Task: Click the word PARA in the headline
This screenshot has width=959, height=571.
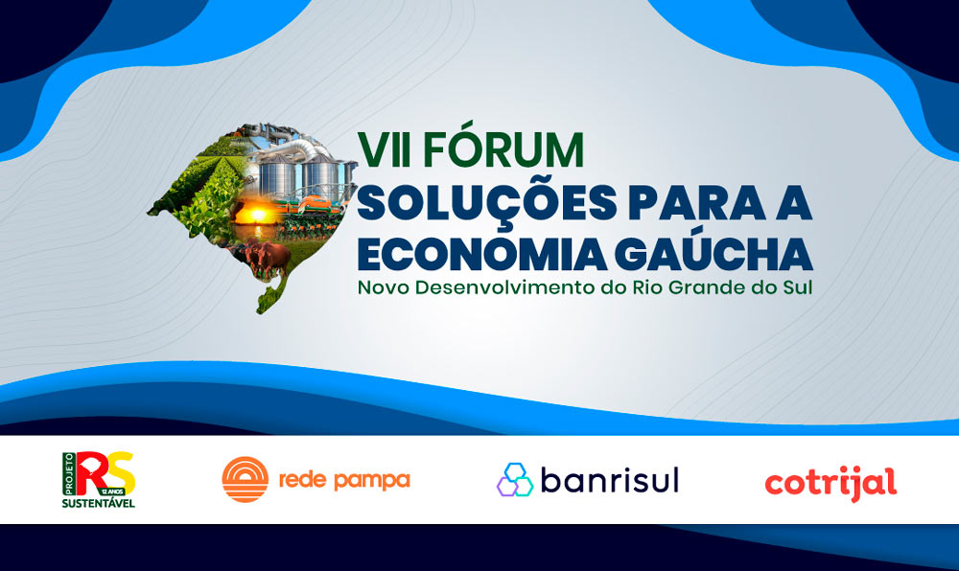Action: [x=697, y=202]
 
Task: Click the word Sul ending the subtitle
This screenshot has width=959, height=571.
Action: [x=798, y=287]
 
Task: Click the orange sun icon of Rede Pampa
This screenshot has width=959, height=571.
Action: [x=246, y=479]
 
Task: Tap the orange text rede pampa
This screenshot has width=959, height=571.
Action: [x=344, y=480]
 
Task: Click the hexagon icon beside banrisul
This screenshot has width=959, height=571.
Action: [x=515, y=479]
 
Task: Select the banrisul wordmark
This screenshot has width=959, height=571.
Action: [x=610, y=480]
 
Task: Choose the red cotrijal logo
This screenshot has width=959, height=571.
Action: [x=830, y=483]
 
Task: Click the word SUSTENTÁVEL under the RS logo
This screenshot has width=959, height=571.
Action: [x=99, y=503]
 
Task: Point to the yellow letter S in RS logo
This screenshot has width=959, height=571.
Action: [x=120, y=472]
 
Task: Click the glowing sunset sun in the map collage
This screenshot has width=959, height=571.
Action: [x=257, y=215]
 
